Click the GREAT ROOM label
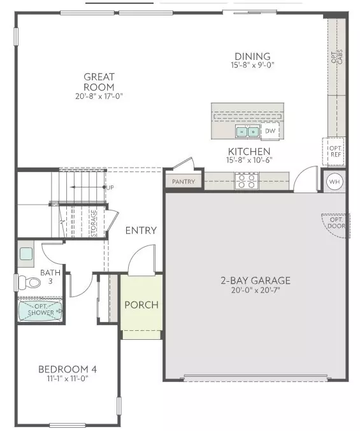click(x=99, y=82)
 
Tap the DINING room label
click(x=252, y=56)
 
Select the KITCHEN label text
click(x=249, y=151)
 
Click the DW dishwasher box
click(x=270, y=131)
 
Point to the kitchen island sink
click(x=247, y=132)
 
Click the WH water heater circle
click(x=335, y=182)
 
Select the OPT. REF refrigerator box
click(x=335, y=150)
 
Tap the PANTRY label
click(x=184, y=182)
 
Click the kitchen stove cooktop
click(x=245, y=181)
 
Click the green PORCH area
click(x=141, y=304)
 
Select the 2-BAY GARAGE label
click(x=256, y=281)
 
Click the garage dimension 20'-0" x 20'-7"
click(x=256, y=290)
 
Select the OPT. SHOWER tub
click(x=40, y=311)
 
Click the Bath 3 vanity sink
click(x=26, y=254)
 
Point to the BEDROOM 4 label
click(x=68, y=369)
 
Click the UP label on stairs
click(x=110, y=187)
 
